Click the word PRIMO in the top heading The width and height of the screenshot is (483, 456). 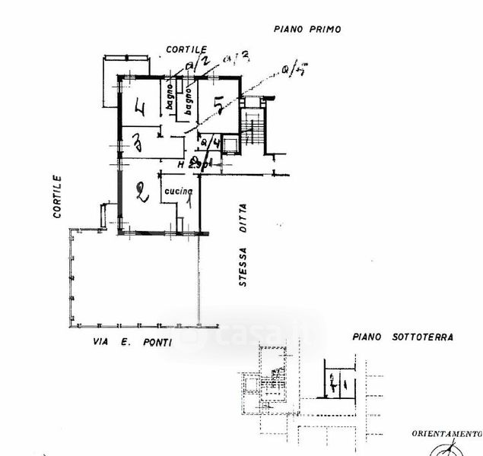[x=324, y=29]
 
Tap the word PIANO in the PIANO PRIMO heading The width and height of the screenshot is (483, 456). [x=288, y=29]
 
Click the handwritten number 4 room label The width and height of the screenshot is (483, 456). [x=139, y=108]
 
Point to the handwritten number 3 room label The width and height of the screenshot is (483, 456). [x=137, y=142]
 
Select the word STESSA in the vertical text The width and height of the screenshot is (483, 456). [x=243, y=265]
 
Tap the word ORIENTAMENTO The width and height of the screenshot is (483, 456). [x=446, y=434]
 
